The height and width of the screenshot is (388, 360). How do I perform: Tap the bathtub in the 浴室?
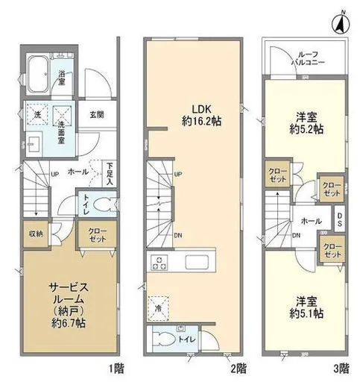38,74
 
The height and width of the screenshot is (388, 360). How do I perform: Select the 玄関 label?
97,115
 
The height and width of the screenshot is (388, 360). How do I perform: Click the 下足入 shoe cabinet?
110,174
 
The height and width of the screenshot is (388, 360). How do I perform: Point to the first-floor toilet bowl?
104,204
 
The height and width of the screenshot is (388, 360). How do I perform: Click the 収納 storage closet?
37,234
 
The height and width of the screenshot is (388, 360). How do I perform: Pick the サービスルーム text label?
69,293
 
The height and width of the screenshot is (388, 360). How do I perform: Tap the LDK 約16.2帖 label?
201,115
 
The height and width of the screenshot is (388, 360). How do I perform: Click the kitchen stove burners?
160,263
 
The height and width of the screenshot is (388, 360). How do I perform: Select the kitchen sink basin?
197,262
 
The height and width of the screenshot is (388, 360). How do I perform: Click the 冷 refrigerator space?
158,308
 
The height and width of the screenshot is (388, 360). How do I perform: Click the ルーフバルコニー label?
308,58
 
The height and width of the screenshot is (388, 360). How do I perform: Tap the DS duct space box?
339,219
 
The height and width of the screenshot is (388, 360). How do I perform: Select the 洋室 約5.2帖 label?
306,123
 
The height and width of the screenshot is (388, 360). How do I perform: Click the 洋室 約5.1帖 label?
306,307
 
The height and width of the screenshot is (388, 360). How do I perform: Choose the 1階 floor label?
116,369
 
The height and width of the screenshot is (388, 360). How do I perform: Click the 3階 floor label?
341,369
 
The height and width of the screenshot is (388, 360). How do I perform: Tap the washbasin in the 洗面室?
34,144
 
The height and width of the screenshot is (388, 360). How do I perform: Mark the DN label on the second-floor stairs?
178,235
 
